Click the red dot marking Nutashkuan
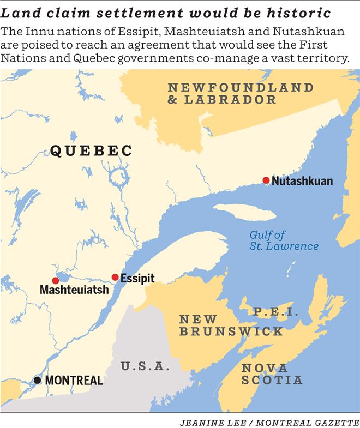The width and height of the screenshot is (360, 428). click(266, 180)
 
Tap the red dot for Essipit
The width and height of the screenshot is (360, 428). click(115, 277)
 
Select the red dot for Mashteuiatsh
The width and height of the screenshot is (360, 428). click(55, 280)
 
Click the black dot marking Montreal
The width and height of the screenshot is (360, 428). click(37, 379)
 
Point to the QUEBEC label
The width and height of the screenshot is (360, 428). click(91, 151)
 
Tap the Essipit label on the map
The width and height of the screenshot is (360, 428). click(137, 278)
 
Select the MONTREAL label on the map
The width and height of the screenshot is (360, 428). click(74, 380)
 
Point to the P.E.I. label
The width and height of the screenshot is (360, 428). click(275, 312)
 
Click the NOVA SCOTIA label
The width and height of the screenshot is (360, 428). click(271, 373)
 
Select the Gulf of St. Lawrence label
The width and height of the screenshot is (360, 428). click(284, 240)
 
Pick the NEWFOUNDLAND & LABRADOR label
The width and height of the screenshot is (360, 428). click(240, 93)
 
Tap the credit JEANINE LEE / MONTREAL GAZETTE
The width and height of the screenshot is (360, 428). click(269, 421)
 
